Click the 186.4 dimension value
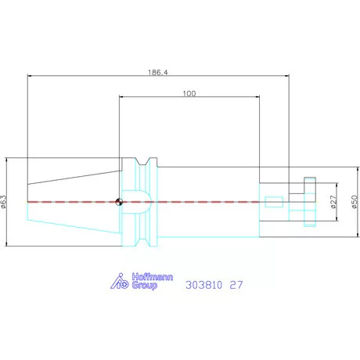point(158,72)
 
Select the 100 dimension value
point(189,93)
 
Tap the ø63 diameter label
point(3,202)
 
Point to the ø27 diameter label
point(333,202)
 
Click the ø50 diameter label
point(355,202)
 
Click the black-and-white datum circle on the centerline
point(119,202)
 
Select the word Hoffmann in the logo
point(153,277)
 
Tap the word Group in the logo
point(145,285)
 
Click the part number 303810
point(203,285)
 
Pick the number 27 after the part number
point(236,285)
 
